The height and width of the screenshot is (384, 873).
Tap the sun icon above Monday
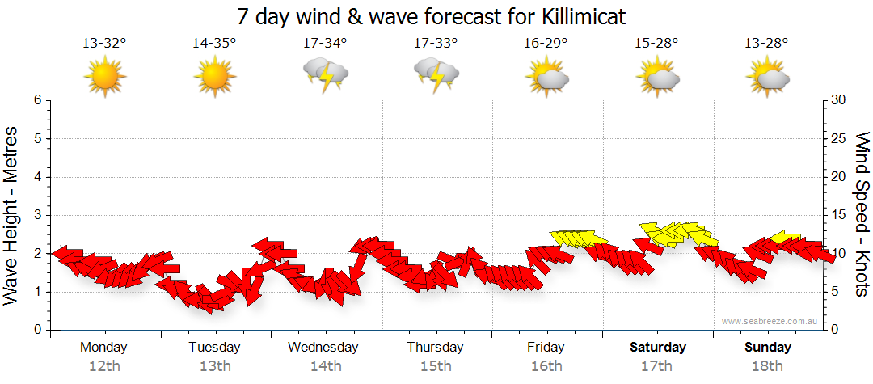[104, 77]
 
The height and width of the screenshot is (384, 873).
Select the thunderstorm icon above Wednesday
[326, 75]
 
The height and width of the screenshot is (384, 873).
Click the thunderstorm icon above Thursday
[436, 75]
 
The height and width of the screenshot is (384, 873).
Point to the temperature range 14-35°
[214, 43]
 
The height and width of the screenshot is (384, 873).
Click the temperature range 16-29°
[546, 43]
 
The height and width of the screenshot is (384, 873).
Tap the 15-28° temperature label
[656, 43]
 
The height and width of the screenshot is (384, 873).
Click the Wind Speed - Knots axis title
[862, 215]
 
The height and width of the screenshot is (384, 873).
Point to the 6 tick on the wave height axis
[37, 100]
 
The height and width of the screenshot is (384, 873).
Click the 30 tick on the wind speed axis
[839, 100]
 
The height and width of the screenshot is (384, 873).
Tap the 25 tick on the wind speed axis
[839, 138]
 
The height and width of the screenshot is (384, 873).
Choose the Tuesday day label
[214, 348]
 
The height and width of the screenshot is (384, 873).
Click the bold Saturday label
[658, 348]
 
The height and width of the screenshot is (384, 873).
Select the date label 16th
[546, 366]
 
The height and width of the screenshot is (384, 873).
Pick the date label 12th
[103, 366]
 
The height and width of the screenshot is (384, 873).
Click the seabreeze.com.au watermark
[770, 322]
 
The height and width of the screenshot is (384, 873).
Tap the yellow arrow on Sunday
[786, 238]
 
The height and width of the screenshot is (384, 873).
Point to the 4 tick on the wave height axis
[37, 177]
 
